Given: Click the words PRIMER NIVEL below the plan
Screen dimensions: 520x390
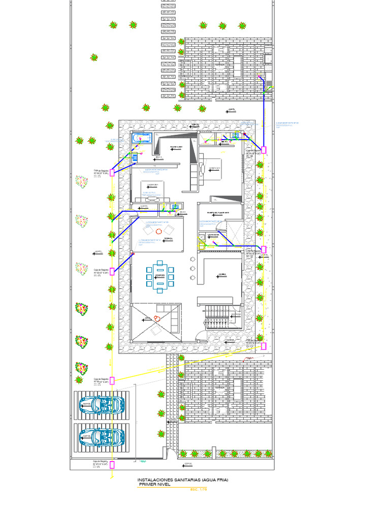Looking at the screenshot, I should point(155,484).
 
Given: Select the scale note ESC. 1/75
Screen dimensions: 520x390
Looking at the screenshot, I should point(200,490).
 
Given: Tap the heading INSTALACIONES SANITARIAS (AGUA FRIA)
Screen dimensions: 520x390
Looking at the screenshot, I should point(183,479).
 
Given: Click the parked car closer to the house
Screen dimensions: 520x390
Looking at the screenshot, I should point(102,404).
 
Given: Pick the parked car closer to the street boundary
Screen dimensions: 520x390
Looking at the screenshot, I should point(102,436).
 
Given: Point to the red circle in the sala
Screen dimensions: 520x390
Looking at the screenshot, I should point(157,319).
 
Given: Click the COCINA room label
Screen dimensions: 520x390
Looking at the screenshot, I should point(222,275).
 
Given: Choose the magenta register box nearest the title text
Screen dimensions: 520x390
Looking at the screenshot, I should point(112,464).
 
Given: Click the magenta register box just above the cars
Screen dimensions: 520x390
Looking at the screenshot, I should point(112,380).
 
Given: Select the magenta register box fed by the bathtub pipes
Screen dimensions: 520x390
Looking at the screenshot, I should point(112,173).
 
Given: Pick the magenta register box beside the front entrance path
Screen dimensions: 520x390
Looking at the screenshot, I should point(264,346).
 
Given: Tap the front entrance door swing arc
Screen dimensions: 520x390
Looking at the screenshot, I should point(202,336).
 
